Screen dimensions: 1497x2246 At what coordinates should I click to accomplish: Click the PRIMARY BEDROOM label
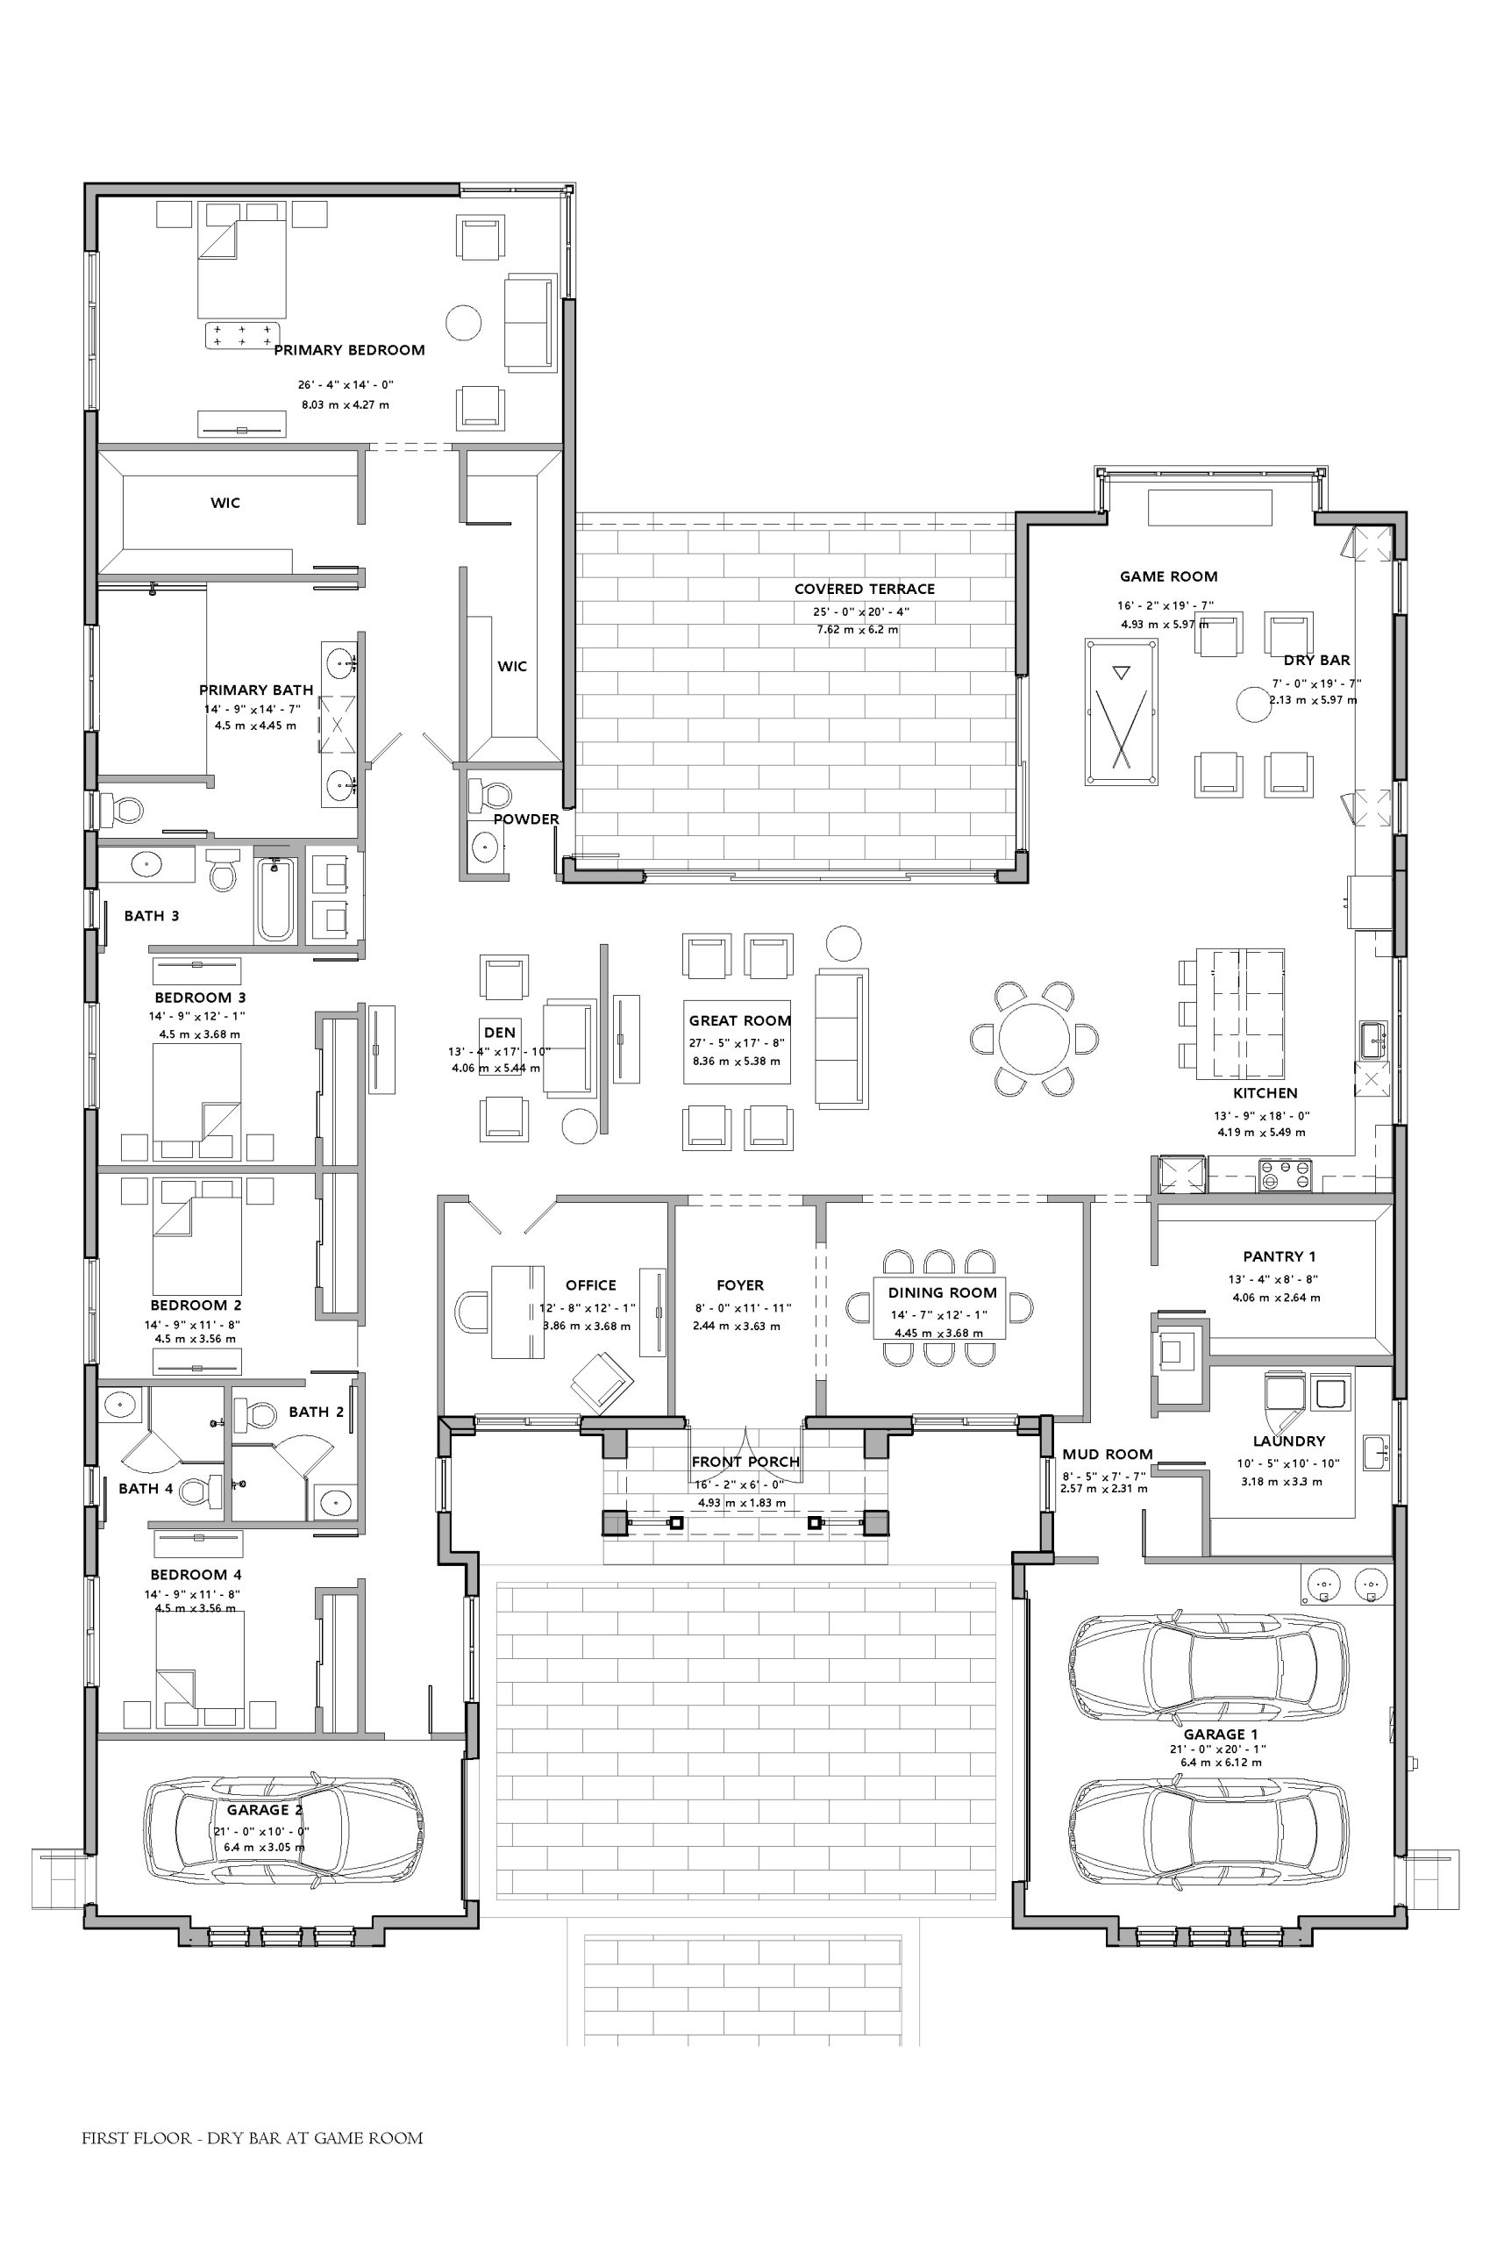click(x=349, y=350)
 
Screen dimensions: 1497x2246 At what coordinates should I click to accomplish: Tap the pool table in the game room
click(x=1122, y=712)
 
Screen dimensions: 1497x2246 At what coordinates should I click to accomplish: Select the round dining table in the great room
click(x=1034, y=1038)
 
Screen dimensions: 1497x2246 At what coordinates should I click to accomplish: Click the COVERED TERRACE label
click(x=864, y=590)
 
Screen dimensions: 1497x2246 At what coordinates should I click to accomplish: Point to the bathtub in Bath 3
click(x=276, y=898)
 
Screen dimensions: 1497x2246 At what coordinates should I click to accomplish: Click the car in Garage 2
click(x=282, y=1828)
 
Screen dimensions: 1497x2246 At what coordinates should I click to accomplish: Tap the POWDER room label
click(x=526, y=819)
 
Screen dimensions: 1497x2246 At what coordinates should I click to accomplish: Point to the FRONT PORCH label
click(x=745, y=1461)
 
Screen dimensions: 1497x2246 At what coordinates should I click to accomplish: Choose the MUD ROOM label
click(x=1108, y=1455)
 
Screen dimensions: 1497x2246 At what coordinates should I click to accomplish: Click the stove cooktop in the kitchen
click(x=1285, y=1175)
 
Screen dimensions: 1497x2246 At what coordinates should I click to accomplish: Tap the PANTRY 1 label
click(x=1280, y=1256)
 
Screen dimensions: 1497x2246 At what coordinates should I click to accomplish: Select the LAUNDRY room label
click(x=1289, y=1441)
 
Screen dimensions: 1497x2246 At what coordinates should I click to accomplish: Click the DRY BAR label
click(x=1316, y=660)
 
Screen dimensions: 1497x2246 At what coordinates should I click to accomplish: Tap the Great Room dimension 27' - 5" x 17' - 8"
click(x=740, y=1044)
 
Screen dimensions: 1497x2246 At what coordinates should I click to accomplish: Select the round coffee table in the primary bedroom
click(x=464, y=323)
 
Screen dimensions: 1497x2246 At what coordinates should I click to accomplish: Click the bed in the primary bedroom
click(x=241, y=269)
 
